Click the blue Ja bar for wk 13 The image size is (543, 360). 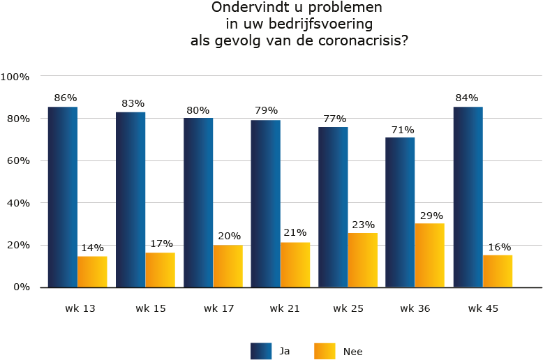coord(63,197)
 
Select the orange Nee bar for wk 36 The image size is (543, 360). coord(429,255)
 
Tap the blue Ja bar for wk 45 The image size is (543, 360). coord(468,197)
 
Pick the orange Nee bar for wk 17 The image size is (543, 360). coord(228,266)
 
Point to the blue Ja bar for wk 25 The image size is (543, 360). coord(333,207)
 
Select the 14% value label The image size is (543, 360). coord(92,248)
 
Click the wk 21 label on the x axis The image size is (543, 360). coord(285,308)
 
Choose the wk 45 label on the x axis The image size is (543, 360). coord(483,308)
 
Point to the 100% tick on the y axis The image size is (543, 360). coord(15,76)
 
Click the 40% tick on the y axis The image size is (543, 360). coord(18,203)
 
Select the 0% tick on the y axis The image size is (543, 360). coord(21,287)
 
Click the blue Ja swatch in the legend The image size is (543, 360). coord(260,351)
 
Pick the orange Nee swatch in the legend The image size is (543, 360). coord(325,351)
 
